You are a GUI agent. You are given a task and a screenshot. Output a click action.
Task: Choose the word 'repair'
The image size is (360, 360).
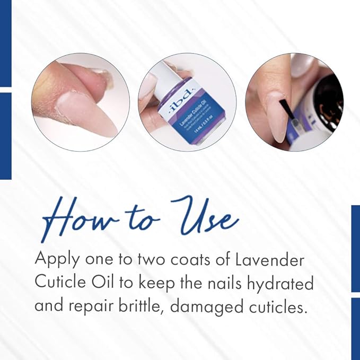pos(94,306)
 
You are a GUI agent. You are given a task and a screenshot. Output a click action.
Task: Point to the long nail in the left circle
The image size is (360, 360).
pos(87,109)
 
